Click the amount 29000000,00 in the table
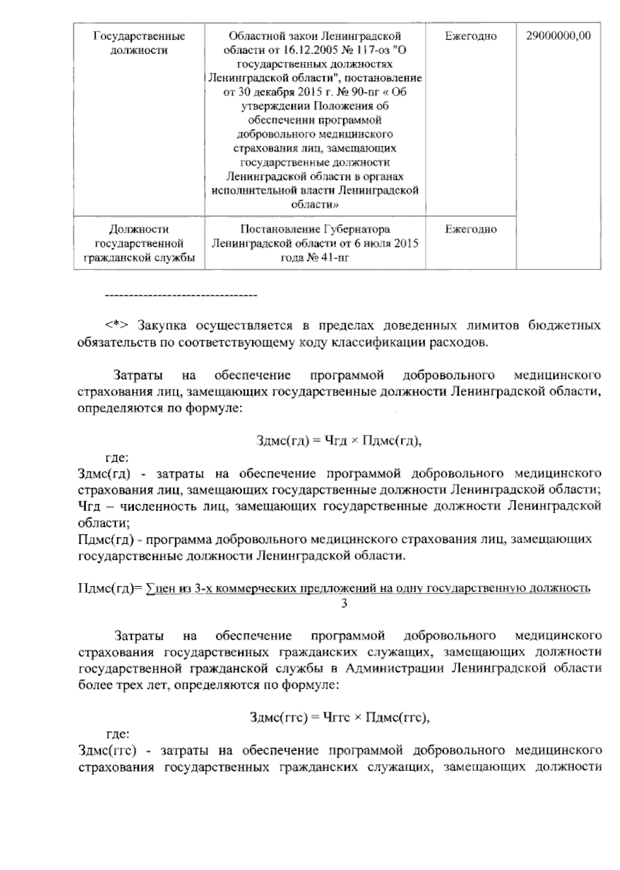click(558, 36)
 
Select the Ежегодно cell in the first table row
click(471, 36)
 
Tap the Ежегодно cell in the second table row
click(471, 229)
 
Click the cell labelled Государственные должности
click(139, 43)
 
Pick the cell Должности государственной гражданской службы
click(139, 243)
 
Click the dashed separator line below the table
click(181, 295)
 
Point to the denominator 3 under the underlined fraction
click(344, 603)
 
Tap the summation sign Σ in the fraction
click(150, 588)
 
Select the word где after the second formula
click(117, 733)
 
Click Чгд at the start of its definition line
click(88, 506)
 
